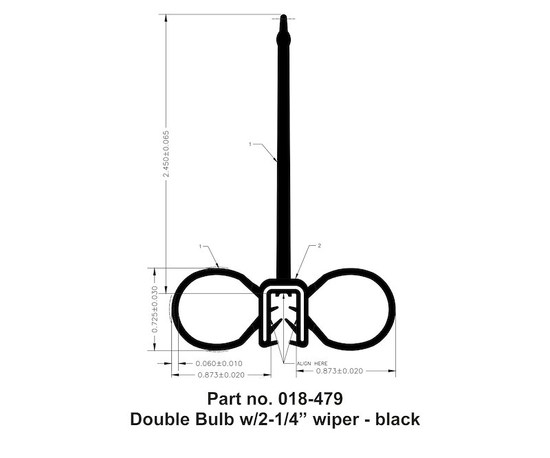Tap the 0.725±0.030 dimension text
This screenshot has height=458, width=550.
[155, 310]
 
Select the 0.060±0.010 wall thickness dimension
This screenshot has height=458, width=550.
[219, 363]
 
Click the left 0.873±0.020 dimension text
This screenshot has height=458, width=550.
[221, 375]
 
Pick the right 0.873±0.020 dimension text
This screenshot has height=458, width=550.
[340, 371]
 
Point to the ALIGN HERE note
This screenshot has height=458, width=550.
[312, 363]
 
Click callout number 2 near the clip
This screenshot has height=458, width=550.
[319, 246]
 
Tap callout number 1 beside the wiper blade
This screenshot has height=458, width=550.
[250, 144]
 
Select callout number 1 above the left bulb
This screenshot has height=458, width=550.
[200, 247]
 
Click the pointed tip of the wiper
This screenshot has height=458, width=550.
[283, 15]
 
